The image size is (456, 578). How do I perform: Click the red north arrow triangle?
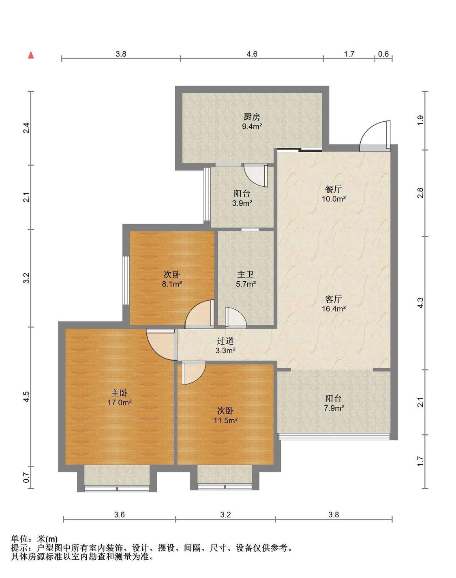[x=31, y=55]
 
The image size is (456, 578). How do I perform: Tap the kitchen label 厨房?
[x=252, y=116]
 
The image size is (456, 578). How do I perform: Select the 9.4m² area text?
[x=252, y=126]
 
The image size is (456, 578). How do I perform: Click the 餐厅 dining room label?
[x=334, y=189]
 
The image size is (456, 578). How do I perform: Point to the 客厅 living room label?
[x=334, y=299]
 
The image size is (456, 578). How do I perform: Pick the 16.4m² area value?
[x=334, y=308]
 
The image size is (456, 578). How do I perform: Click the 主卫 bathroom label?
[x=246, y=274]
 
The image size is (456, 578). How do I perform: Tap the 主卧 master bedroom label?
[x=119, y=393]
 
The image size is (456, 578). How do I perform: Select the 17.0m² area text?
[x=119, y=403]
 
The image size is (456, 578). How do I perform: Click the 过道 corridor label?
[x=225, y=341]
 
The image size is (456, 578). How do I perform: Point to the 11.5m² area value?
[x=225, y=421]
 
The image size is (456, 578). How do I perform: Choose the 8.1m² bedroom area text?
[x=172, y=284]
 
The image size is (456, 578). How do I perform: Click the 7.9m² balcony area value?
[x=334, y=408]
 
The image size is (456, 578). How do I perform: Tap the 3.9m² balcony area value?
[x=242, y=203]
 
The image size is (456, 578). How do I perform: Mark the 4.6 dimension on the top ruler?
[x=252, y=54]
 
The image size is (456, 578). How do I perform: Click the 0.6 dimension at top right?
[x=383, y=54]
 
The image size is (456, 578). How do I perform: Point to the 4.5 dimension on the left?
[x=26, y=397]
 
